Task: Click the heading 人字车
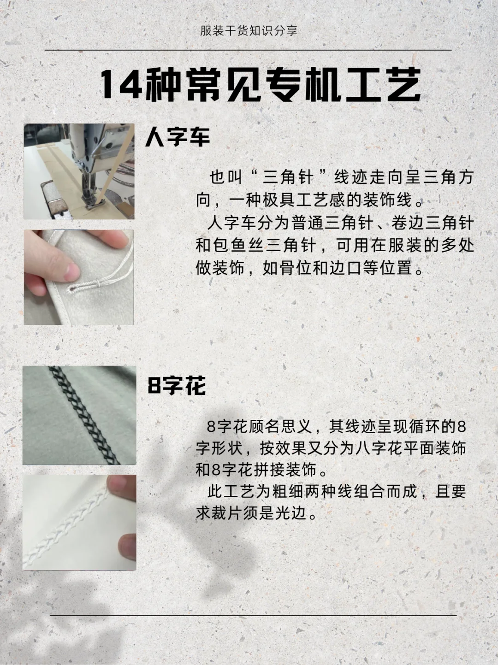tap(178, 137)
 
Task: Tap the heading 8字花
tap(177, 385)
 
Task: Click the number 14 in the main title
tap(121, 85)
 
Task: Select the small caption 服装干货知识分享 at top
tap(249, 31)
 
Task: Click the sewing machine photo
tap(79, 171)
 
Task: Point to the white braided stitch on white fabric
tap(69, 523)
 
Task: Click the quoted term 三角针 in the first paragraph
tap(288, 177)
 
